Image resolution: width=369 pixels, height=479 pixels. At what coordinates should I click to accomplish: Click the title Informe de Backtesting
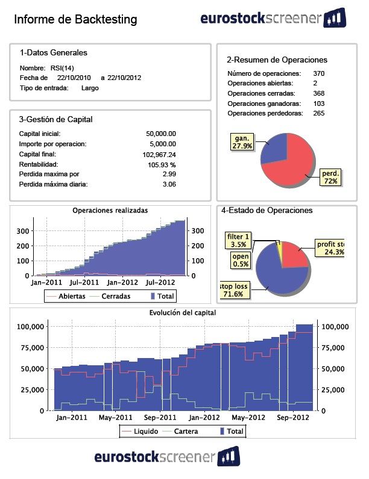point(75,20)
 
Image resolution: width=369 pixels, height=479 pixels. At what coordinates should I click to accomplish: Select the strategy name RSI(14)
point(61,68)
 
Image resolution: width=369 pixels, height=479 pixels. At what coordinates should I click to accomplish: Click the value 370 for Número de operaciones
point(319,73)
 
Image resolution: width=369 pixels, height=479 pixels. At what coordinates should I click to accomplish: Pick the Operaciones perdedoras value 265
point(319,113)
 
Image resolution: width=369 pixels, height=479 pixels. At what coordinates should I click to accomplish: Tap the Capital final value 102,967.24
point(155,154)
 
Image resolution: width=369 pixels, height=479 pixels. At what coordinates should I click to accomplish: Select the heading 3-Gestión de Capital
point(55,119)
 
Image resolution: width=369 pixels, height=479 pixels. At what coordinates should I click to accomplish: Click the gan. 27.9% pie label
point(242,142)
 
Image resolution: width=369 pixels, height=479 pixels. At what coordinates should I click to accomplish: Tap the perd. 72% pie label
point(330,177)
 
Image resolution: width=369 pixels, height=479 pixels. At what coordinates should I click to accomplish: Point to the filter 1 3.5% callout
point(239,240)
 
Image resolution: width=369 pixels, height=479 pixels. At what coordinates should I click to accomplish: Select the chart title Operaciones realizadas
point(110,211)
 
